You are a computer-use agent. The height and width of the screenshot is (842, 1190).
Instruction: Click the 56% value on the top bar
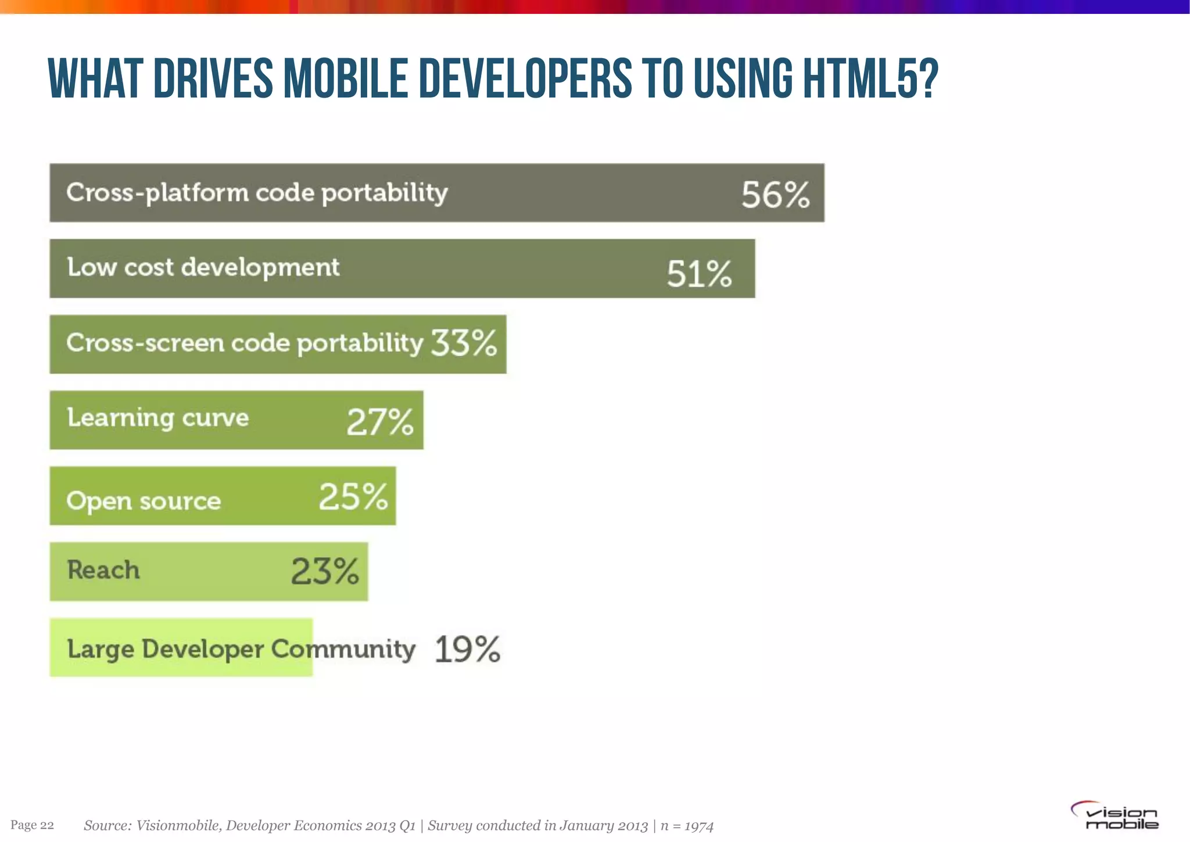tap(775, 194)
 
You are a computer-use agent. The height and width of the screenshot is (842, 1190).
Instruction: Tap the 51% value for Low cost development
tap(699, 273)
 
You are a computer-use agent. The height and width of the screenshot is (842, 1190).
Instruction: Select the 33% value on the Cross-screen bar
tap(464, 342)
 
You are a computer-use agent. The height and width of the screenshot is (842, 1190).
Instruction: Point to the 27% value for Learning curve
tap(380, 421)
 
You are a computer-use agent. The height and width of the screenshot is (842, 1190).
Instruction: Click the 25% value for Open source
tap(353, 497)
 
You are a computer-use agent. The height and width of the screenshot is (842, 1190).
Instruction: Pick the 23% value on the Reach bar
tap(325, 571)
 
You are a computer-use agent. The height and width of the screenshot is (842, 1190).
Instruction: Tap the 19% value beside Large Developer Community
tap(467, 649)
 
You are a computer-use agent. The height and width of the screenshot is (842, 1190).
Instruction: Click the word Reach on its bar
tap(103, 570)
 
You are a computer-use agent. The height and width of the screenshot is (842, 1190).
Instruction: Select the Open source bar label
tap(144, 501)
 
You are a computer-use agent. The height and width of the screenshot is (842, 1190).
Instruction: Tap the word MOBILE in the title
tap(345, 79)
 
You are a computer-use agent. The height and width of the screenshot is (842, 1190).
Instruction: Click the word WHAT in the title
tap(95, 79)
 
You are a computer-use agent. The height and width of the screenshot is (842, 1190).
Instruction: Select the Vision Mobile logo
tap(1114, 816)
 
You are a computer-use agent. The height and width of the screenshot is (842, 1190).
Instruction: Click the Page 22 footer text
tap(32, 825)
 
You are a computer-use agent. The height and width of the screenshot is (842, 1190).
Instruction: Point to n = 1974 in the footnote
tap(687, 826)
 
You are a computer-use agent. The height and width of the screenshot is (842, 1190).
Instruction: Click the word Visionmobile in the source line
tap(178, 826)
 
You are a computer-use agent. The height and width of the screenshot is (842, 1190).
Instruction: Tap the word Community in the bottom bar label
tap(343, 649)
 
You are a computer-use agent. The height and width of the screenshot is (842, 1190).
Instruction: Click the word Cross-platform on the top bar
tap(157, 193)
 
